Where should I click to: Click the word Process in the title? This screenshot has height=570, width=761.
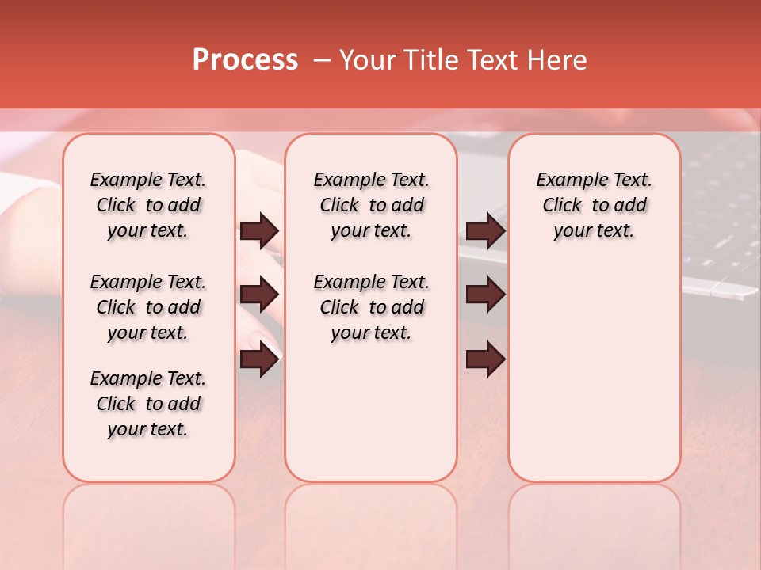245,60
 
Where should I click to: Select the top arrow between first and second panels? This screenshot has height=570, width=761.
259,231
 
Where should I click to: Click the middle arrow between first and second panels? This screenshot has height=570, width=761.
259,295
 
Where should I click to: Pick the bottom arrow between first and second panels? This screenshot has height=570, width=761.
259,360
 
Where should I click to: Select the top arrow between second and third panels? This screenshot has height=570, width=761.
485,231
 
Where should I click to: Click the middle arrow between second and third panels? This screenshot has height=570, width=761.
485,295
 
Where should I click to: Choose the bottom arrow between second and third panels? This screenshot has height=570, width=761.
485,360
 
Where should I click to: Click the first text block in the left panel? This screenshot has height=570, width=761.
148,205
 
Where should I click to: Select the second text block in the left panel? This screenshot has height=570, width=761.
148,307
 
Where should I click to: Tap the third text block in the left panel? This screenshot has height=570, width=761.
148,404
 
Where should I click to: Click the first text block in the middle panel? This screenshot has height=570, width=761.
371,205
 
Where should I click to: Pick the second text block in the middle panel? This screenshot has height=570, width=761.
371,307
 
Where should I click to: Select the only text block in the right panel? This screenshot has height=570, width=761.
594,205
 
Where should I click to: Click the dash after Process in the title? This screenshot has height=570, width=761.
322,60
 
